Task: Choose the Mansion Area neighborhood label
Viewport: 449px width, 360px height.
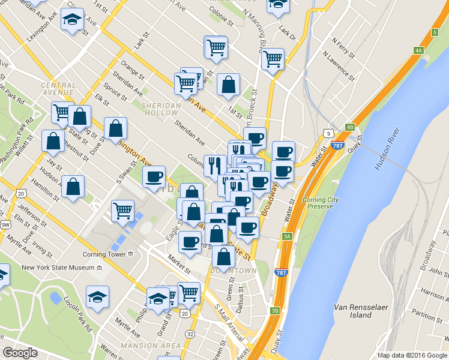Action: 151,346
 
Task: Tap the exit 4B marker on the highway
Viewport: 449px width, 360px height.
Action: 350,127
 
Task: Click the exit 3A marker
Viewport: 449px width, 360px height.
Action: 288,236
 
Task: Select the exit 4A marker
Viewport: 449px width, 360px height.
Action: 419,50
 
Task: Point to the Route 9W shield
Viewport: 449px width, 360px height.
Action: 6,224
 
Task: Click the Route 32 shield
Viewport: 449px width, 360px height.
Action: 190,334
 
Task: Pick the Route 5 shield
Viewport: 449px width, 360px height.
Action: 434,32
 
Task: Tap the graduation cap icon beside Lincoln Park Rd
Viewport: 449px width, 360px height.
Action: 97,296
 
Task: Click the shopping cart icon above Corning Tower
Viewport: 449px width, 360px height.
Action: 122,211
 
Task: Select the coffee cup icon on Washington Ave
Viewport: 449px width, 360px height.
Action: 154,176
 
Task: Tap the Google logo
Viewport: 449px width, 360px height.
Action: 20,353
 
